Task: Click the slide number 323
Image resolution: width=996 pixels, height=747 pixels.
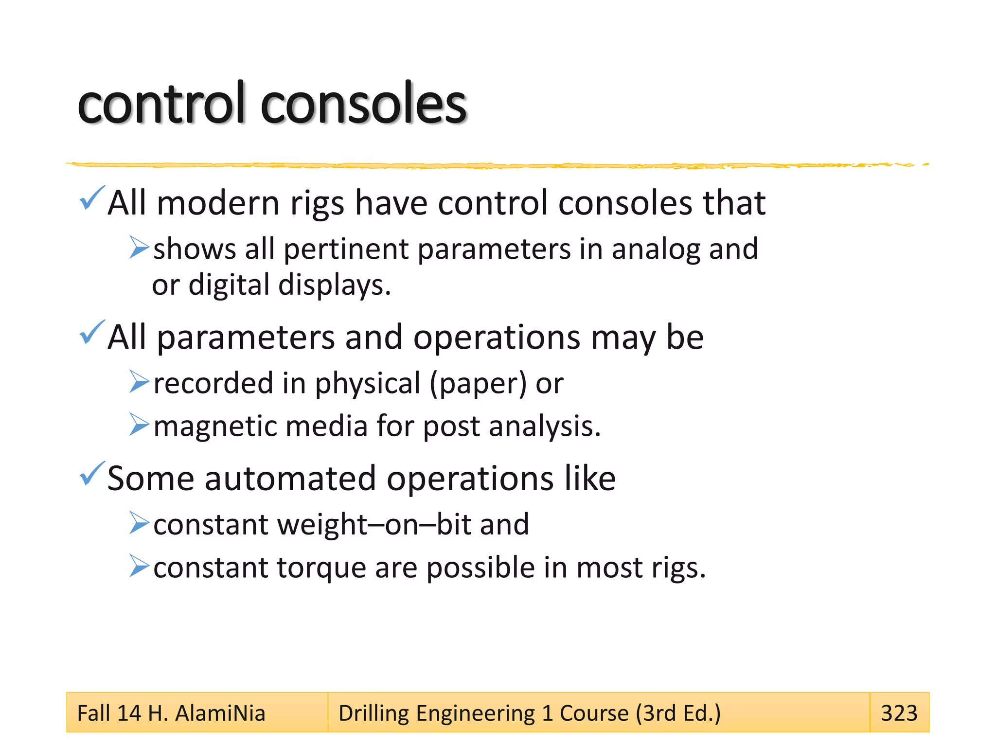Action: [x=899, y=713]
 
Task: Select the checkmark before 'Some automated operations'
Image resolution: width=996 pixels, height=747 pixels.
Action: [x=91, y=474]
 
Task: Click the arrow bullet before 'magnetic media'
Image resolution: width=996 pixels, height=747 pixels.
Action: [x=139, y=424]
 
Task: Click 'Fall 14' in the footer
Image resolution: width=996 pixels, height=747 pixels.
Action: [x=109, y=713]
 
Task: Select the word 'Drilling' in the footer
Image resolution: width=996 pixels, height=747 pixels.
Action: [x=373, y=713]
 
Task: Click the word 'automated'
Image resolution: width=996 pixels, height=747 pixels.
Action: [x=290, y=479]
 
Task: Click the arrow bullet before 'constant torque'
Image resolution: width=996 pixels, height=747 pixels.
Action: [x=139, y=566]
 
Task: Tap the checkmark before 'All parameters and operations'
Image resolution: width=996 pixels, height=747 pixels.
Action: [x=91, y=333]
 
